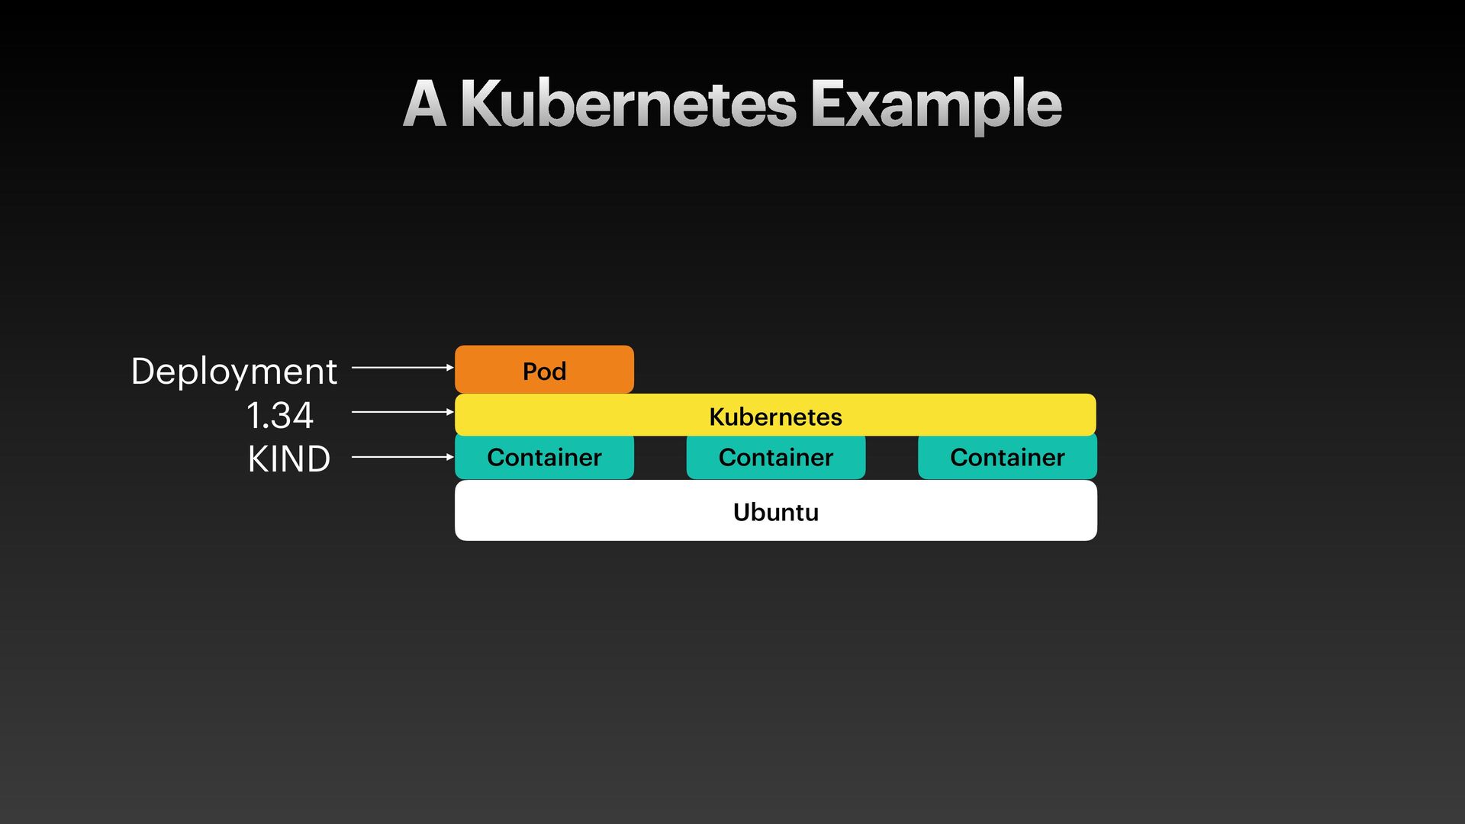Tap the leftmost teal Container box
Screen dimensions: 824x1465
(543, 458)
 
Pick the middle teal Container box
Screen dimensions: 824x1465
(775, 458)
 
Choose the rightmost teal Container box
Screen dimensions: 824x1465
(1007, 458)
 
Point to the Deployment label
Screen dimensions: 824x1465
(233, 372)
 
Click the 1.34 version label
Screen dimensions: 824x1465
(279, 416)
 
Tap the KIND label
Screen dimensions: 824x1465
(288, 459)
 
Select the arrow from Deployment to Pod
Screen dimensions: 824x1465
(402, 368)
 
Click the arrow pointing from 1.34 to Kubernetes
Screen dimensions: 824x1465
(402, 412)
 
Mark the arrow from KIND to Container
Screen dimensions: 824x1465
(402, 457)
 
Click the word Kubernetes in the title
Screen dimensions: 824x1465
(628, 105)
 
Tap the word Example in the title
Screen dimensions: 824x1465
(935, 105)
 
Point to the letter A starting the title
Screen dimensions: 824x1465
(424, 105)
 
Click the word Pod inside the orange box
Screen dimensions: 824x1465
(544, 372)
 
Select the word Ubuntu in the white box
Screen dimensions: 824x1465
(775, 512)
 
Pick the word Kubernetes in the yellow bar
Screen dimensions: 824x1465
(775, 417)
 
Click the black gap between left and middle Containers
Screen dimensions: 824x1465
(660, 458)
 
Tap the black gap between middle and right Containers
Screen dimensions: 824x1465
(891, 458)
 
